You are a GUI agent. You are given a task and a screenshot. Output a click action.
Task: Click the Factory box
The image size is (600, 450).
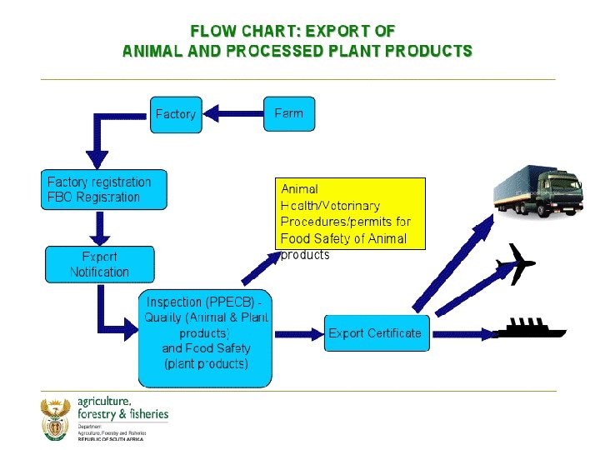(x=176, y=114)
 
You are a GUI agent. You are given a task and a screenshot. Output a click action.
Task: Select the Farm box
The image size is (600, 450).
(x=289, y=113)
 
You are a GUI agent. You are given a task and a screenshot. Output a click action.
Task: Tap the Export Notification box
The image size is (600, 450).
(x=99, y=264)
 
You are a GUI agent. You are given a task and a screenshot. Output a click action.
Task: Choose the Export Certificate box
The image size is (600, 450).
(x=375, y=333)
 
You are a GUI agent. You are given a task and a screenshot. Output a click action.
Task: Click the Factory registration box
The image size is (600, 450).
(x=103, y=190)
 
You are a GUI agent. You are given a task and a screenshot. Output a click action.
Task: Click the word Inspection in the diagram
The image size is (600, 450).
(x=174, y=302)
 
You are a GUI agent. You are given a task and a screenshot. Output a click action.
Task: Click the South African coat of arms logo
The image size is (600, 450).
(x=57, y=419)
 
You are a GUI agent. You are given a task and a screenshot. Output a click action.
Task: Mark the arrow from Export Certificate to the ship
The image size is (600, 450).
(x=463, y=333)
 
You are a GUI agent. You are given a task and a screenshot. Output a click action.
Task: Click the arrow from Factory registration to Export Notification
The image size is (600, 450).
(x=99, y=226)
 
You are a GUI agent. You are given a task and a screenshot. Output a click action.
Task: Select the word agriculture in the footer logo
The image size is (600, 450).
(x=105, y=401)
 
